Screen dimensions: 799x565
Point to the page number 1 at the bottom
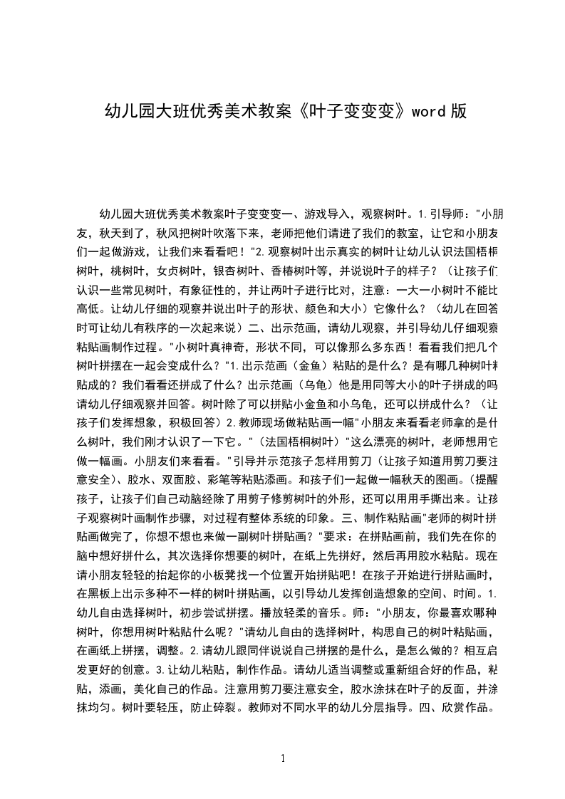pyautogui.click(x=283, y=758)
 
